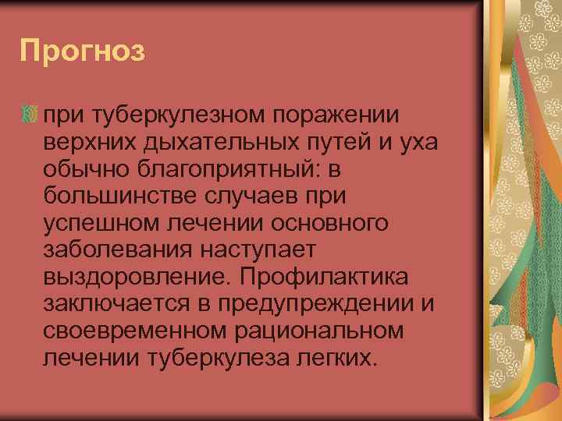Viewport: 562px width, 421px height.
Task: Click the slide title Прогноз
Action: [x=83, y=52]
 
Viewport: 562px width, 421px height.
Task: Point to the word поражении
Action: [x=335, y=115]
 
